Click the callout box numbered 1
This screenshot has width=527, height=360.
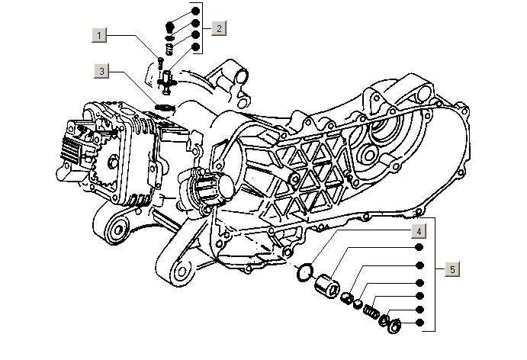[100, 35]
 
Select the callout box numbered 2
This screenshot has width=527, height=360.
[218, 28]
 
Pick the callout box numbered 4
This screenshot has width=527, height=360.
[419, 231]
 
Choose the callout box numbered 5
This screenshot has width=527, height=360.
[451, 269]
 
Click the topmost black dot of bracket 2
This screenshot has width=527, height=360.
[196, 11]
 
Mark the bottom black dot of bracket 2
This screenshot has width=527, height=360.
[196, 47]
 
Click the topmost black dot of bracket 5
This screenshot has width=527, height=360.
[419, 249]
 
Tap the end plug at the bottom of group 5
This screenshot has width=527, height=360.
[395, 327]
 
